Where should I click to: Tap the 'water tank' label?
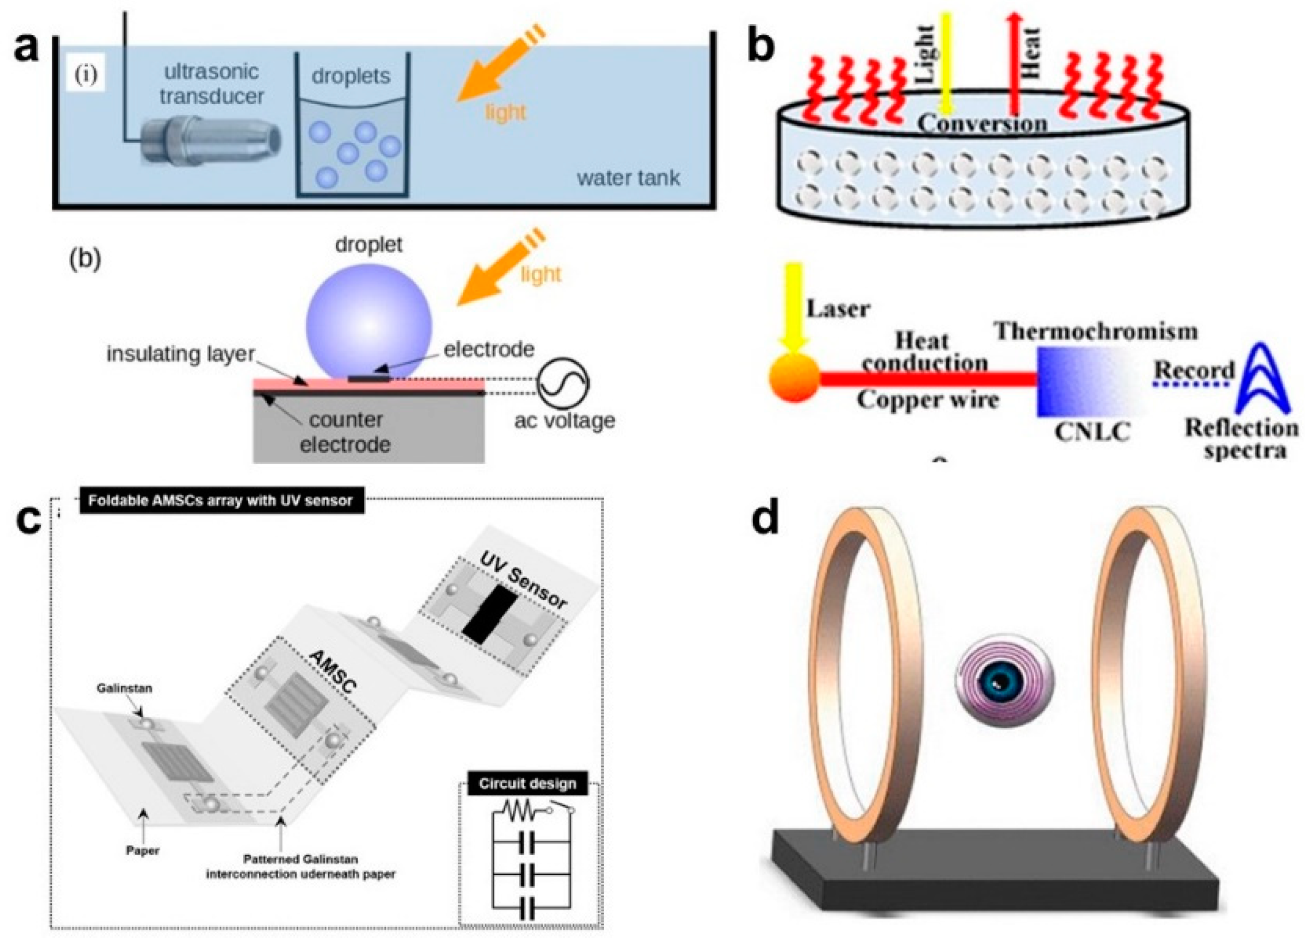pos(628,178)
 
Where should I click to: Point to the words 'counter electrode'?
pos(346,432)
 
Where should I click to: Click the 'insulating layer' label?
pos(180,354)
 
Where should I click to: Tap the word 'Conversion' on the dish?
pos(982,124)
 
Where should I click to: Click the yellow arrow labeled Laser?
pos(793,305)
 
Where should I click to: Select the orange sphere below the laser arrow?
pos(794,378)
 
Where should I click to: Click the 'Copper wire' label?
pos(927,399)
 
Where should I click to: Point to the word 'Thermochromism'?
pos(1096,332)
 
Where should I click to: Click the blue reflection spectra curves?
pos(1260,379)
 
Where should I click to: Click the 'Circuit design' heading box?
pos(527,784)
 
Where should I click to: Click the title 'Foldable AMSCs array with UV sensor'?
pos(220,501)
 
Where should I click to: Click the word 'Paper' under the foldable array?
pos(143,850)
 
